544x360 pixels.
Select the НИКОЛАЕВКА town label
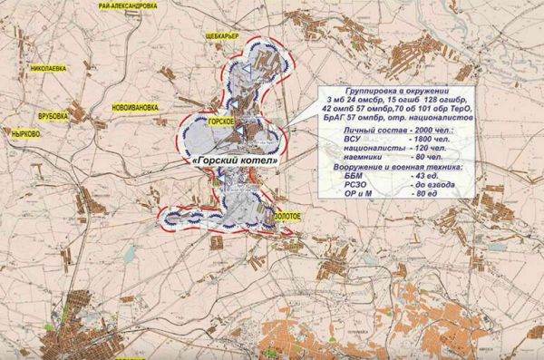pyautogui.click(x=51, y=68)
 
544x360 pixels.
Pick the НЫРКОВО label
pyautogui.click(x=24, y=133)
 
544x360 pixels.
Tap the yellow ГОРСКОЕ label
pyautogui.click(x=222, y=122)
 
